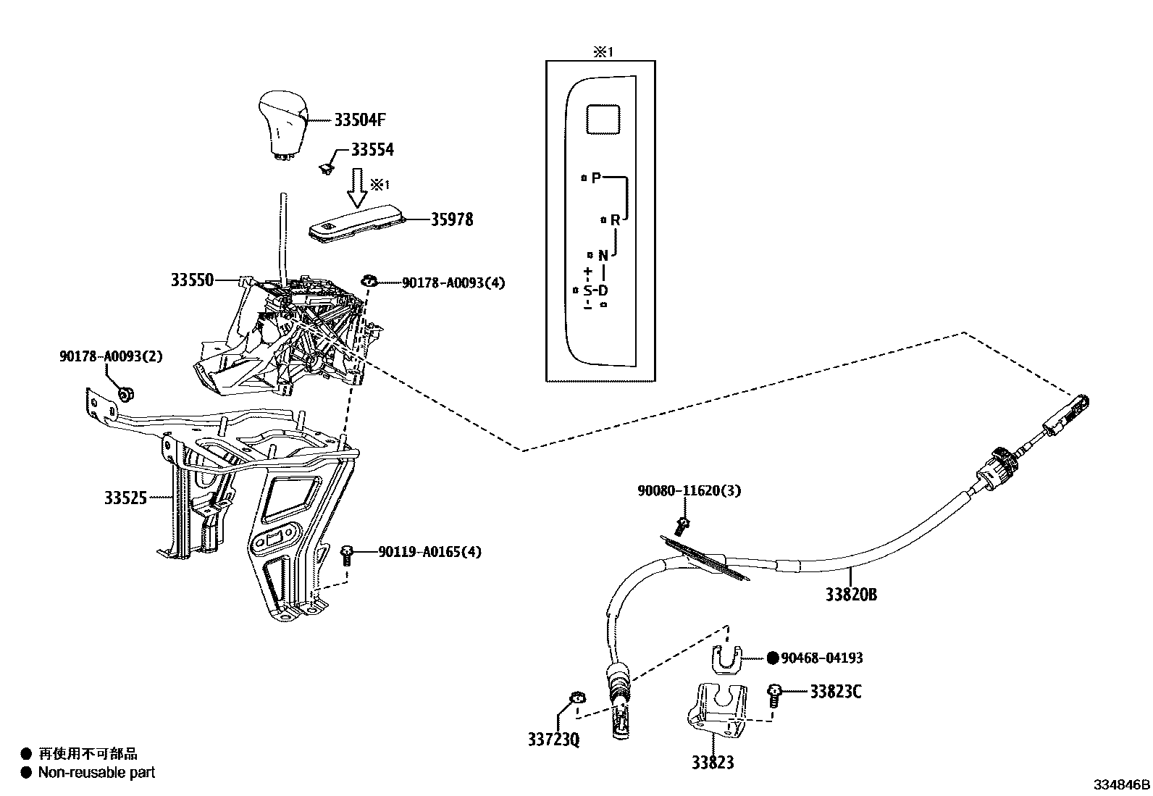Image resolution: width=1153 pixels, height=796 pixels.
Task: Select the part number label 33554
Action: [372, 150]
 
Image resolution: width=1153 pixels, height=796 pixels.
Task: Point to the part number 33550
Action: [192, 280]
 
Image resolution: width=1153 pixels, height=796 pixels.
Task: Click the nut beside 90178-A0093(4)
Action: [369, 281]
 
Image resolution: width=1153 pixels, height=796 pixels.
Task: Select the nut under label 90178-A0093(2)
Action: [125, 394]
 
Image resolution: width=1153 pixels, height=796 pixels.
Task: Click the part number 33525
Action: [125, 498]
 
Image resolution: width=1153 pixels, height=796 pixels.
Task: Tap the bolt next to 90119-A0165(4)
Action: [347, 555]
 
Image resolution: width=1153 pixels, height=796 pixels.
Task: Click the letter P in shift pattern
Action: [596, 177]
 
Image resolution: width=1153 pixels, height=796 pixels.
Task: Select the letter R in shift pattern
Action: [615, 219]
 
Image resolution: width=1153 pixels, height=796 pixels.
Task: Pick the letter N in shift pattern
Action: [603, 255]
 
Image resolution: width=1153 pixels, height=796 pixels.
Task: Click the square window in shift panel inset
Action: [603, 119]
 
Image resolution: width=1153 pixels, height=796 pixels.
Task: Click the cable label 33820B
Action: [851, 595]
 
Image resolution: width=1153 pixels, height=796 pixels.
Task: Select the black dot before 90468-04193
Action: [772, 658]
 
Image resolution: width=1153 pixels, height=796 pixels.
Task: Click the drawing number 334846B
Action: [1121, 784]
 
